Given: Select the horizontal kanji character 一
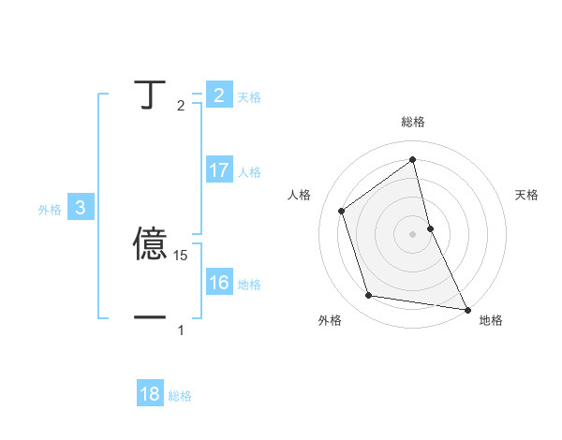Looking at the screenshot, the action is [x=151, y=317].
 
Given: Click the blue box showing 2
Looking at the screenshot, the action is [x=219, y=95].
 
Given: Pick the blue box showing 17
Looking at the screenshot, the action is [x=219, y=170].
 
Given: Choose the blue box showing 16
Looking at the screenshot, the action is [x=219, y=284].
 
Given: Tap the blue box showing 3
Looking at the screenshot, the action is [x=81, y=209].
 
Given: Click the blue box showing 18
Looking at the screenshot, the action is [x=150, y=394].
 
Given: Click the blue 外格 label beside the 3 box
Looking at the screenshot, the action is [x=50, y=210].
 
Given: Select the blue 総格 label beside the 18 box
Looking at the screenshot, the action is [x=180, y=396].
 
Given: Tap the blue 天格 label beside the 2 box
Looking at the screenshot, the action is [x=249, y=96].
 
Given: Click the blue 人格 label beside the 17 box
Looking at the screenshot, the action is [x=249, y=172].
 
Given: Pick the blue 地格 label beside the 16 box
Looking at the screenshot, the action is [x=249, y=285].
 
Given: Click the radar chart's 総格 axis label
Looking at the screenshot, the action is [x=413, y=122].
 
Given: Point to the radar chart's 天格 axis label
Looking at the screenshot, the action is [x=527, y=195].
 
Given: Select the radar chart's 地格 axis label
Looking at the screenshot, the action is [x=491, y=320].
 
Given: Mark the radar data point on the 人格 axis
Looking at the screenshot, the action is [x=341, y=211].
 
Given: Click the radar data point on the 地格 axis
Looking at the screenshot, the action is [x=466, y=308].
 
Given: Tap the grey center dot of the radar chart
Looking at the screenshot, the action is [x=412, y=234].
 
